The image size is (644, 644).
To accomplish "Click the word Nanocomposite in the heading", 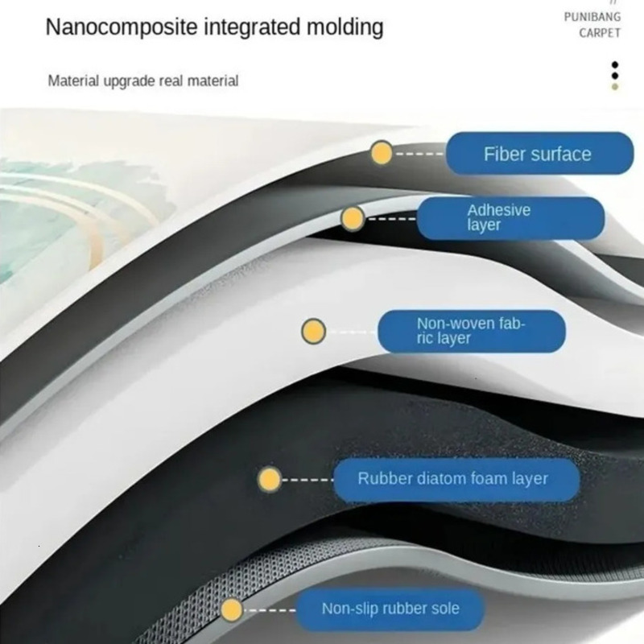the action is point(122,28).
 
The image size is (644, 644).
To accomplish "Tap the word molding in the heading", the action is point(345,28).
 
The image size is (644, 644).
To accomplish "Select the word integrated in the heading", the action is point(253,28).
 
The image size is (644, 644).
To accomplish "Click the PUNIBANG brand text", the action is point(592,17).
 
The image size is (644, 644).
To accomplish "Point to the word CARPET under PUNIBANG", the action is point(600,33).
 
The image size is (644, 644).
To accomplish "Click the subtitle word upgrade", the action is point(129,81).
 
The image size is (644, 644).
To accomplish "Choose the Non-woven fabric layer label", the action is point(472,331).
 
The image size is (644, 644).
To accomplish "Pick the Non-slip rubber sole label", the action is point(390,609).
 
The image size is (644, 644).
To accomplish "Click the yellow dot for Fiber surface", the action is point(382,153).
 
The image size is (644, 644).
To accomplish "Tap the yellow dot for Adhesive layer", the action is point(353,218).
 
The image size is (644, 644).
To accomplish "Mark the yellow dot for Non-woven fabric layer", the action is point(313,331).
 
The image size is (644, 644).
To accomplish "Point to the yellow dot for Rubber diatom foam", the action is point(270,479).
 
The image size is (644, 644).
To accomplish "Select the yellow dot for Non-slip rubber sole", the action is point(232,610).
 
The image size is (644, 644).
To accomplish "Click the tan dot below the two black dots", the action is point(615,87).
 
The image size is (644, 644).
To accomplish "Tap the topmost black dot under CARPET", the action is point(615,65).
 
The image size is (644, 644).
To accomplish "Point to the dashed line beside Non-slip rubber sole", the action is point(270,610).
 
